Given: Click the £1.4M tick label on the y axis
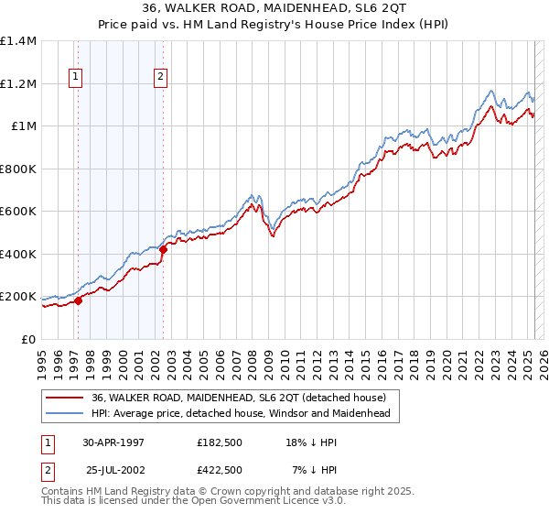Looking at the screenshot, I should click(x=18, y=41).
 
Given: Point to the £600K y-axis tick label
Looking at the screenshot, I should click(x=18, y=212).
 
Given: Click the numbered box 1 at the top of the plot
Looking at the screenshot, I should click(x=74, y=78).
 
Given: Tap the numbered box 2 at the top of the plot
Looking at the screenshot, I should click(x=160, y=78).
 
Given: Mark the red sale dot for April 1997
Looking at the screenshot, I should click(x=79, y=300).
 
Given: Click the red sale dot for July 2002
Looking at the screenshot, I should click(x=163, y=249).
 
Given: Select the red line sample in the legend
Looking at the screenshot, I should click(x=64, y=398).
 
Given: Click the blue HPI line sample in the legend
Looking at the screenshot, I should click(x=64, y=414).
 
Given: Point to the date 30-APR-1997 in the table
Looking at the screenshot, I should click(x=113, y=442).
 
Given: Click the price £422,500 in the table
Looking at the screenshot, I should click(x=220, y=469).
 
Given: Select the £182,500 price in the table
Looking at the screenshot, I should click(x=220, y=442).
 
